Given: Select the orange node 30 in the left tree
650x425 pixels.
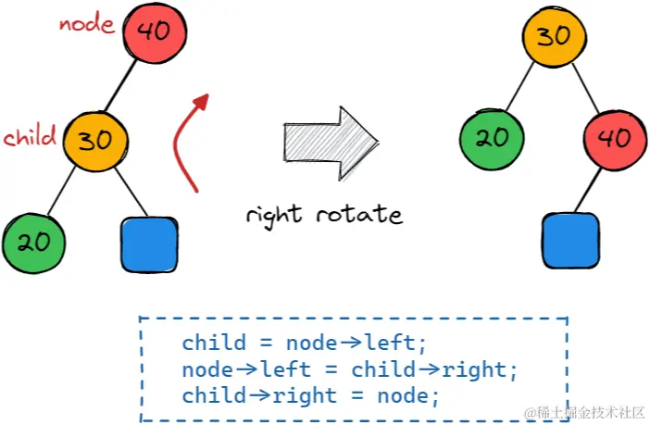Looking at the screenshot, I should [x=96, y=142].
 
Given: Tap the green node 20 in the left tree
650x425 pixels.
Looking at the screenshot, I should [x=33, y=243].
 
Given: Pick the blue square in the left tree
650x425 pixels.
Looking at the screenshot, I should [x=149, y=244].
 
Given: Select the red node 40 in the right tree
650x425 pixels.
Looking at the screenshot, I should [x=613, y=140].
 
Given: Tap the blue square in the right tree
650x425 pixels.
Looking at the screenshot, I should [x=569, y=241].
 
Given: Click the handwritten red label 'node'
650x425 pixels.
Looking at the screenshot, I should [x=86, y=23].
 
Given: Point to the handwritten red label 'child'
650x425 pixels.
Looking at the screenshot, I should [x=30, y=138].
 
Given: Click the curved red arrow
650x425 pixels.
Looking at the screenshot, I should [x=189, y=139].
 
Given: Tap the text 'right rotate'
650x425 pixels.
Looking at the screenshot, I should [x=324, y=215].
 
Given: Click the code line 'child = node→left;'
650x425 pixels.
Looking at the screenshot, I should [x=305, y=344].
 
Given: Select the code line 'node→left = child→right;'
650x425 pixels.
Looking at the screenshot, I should [x=350, y=369].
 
